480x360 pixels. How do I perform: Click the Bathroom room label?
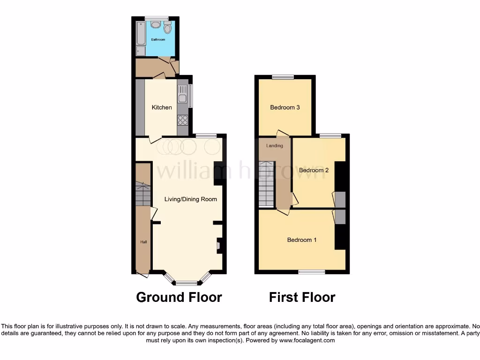[x=158, y=39]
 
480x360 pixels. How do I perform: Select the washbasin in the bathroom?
[x=156, y=24]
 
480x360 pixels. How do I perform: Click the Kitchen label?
[x=162, y=107]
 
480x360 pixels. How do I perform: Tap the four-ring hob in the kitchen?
[x=182, y=120]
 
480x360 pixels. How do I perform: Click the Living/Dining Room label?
[x=190, y=199]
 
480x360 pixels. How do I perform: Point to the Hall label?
[x=144, y=242]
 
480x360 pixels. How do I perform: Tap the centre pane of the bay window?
[x=187, y=283]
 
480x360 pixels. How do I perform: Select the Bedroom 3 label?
[x=285, y=107]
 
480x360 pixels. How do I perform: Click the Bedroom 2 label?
[x=314, y=170]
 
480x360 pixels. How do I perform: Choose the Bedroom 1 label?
[x=302, y=240]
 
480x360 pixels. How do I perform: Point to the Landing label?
[x=275, y=146]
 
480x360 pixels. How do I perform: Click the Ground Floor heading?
[x=179, y=297]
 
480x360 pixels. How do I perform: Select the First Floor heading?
[x=302, y=297]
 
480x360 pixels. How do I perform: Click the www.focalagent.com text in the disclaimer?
[x=307, y=340]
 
